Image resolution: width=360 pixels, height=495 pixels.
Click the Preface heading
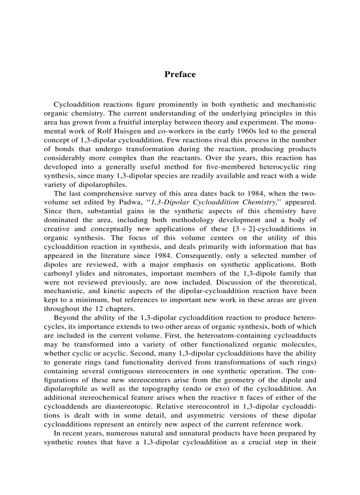(180, 74)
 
